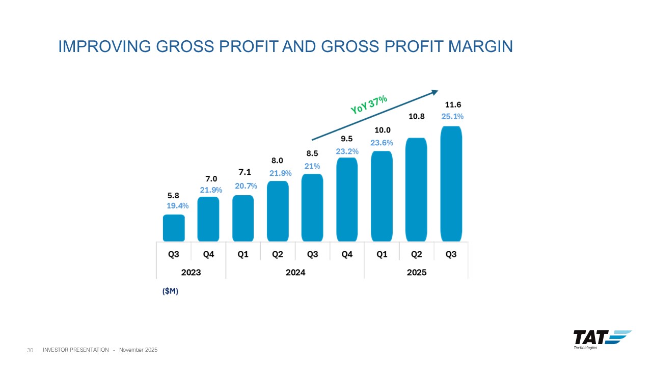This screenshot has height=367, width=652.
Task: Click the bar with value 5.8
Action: pos(174,228)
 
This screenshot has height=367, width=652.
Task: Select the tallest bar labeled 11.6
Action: pos(451,183)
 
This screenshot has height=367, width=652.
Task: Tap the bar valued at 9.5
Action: pos(347,199)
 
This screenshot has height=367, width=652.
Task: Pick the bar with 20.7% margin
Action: pos(243,218)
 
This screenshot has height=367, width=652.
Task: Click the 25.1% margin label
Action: pos(452,116)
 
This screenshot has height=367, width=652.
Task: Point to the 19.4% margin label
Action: pos(178,206)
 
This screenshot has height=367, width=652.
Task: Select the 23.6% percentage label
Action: pos(382,143)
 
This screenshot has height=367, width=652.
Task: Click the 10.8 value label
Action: pos(417,116)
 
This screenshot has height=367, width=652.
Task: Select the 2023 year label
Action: pos(191,272)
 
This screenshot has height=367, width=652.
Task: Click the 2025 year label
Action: pos(416,272)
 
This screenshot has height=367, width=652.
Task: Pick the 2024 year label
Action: pos(295,272)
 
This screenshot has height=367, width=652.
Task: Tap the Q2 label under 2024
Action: pos(278,254)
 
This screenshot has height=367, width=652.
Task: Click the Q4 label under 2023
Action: pos(208,254)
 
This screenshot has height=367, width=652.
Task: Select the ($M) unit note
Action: pos(170,291)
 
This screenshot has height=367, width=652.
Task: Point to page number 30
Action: pos(30,350)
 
